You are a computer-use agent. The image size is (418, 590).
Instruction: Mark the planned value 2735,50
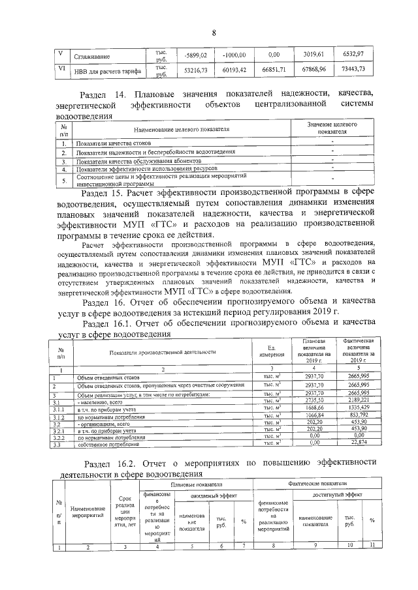pos(315,400)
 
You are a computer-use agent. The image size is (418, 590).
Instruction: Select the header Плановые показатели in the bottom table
pos(197,485)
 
